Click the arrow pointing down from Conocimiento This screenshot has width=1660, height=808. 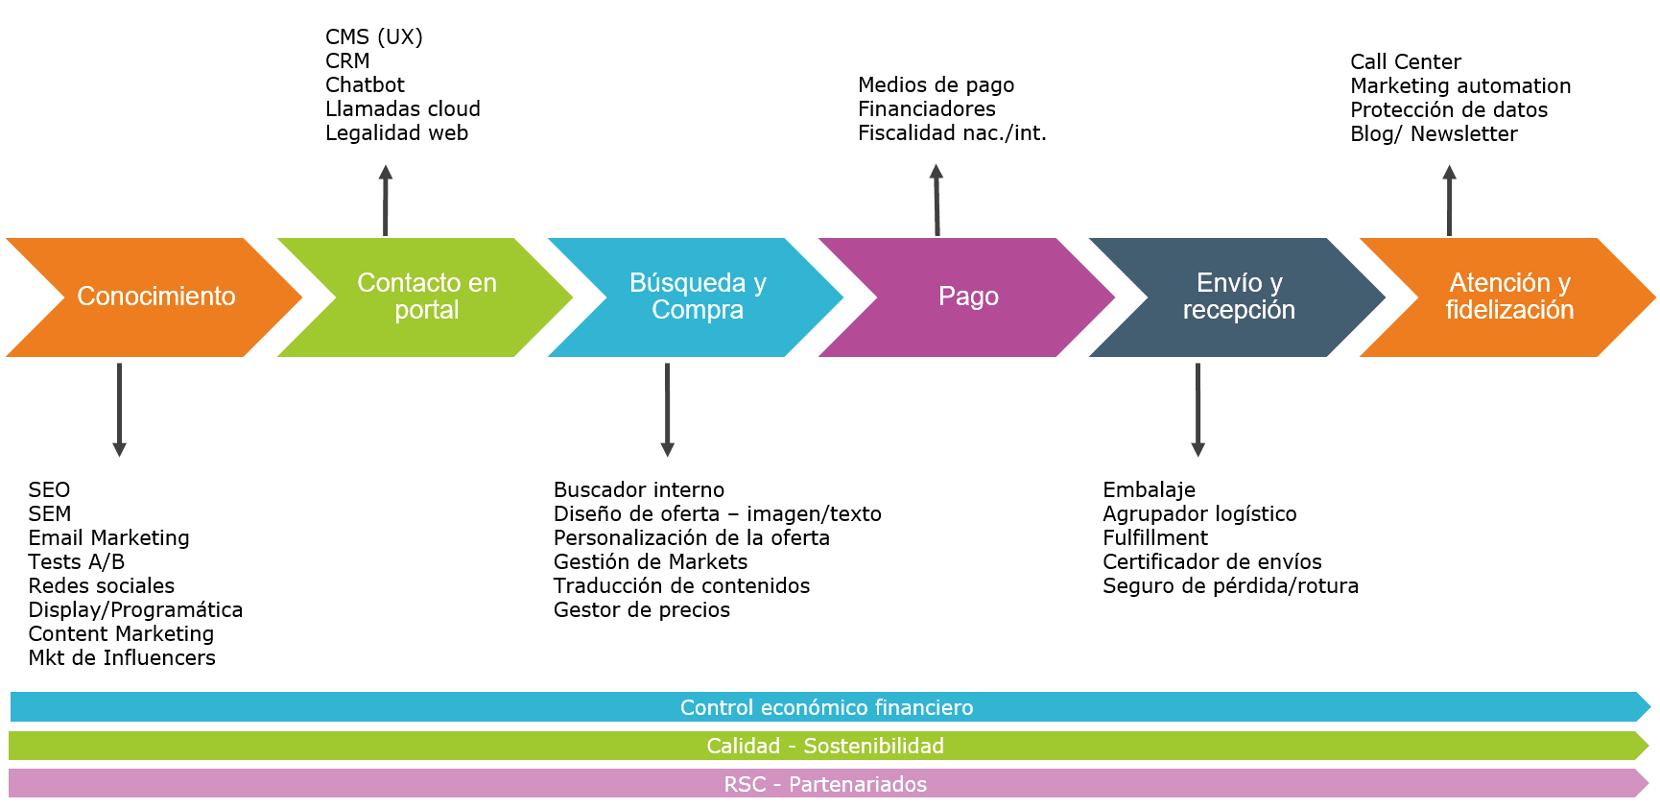pyautogui.click(x=119, y=410)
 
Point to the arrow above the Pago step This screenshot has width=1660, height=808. pyautogui.click(x=937, y=200)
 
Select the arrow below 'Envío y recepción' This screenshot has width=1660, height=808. pyautogui.click(x=1198, y=410)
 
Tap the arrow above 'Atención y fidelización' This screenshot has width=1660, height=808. pyautogui.click(x=1449, y=200)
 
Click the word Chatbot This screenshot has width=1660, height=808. pyautogui.click(x=365, y=84)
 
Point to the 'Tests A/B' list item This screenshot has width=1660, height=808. pyautogui.click(x=77, y=561)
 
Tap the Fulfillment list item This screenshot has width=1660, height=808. pyautogui.click(x=1155, y=537)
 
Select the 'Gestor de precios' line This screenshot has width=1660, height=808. pyautogui.click(x=642, y=609)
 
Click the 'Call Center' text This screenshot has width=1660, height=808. pyautogui.click(x=1406, y=61)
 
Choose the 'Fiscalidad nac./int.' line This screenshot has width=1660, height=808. pyautogui.click(x=952, y=132)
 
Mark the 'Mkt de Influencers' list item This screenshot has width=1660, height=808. pyautogui.click(x=122, y=657)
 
